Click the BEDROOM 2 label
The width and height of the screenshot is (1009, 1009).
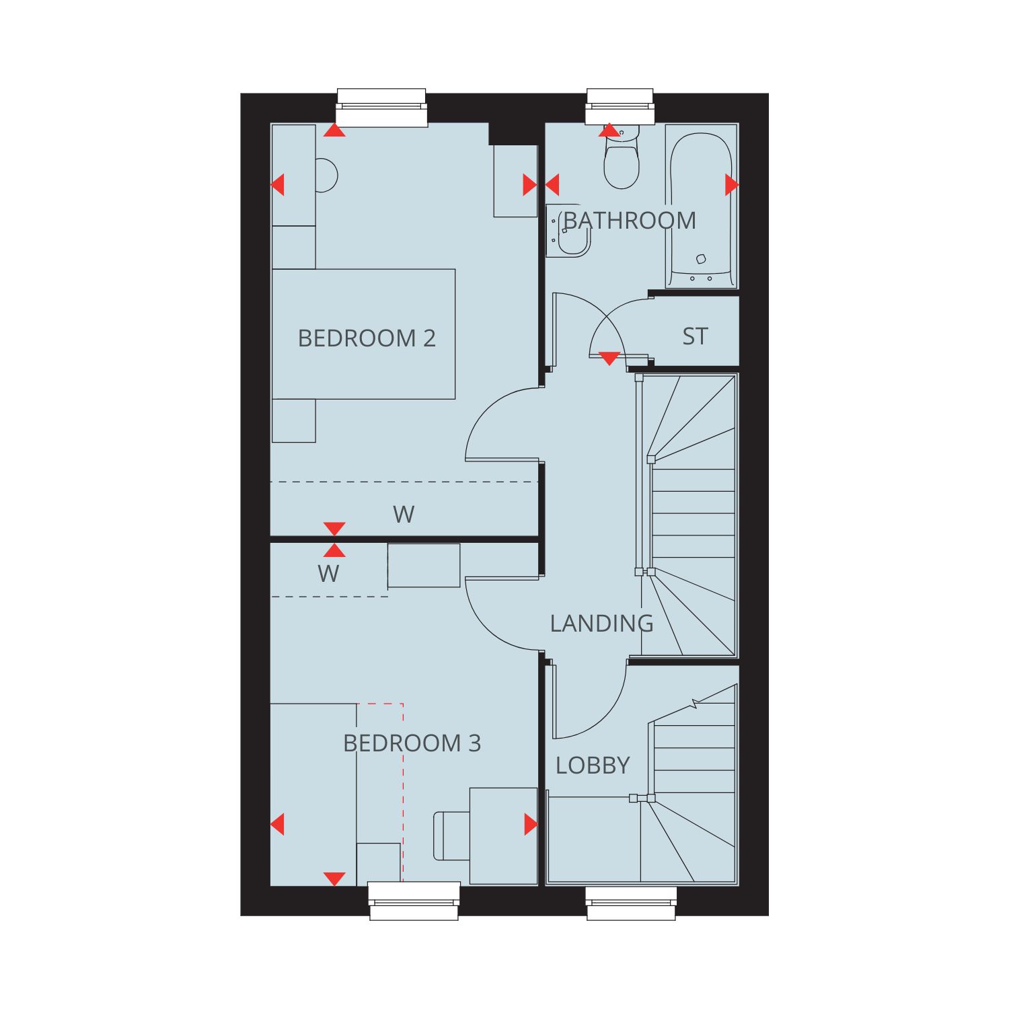[367, 338]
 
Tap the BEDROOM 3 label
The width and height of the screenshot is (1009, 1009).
[412, 743]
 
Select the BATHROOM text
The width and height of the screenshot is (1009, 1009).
[630, 221]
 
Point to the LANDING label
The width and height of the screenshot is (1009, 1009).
[601, 624]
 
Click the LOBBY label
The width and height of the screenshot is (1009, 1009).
[593, 765]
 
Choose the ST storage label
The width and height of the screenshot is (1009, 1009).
[695, 336]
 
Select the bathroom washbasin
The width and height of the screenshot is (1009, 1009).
[568, 230]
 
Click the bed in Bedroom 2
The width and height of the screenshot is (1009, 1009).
[363, 334]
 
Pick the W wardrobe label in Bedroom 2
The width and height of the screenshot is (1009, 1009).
[404, 515]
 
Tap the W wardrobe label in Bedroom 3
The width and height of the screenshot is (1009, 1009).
[328, 574]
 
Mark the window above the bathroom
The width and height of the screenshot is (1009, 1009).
[620, 106]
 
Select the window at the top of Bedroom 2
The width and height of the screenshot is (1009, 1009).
[381, 107]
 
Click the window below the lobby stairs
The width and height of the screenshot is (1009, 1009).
[631, 903]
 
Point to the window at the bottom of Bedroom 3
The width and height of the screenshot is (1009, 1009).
[414, 901]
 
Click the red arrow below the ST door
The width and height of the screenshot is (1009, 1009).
[609, 359]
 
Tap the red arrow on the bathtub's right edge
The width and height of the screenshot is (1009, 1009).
[732, 184]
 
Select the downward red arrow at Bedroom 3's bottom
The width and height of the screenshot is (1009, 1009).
[334, 879]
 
